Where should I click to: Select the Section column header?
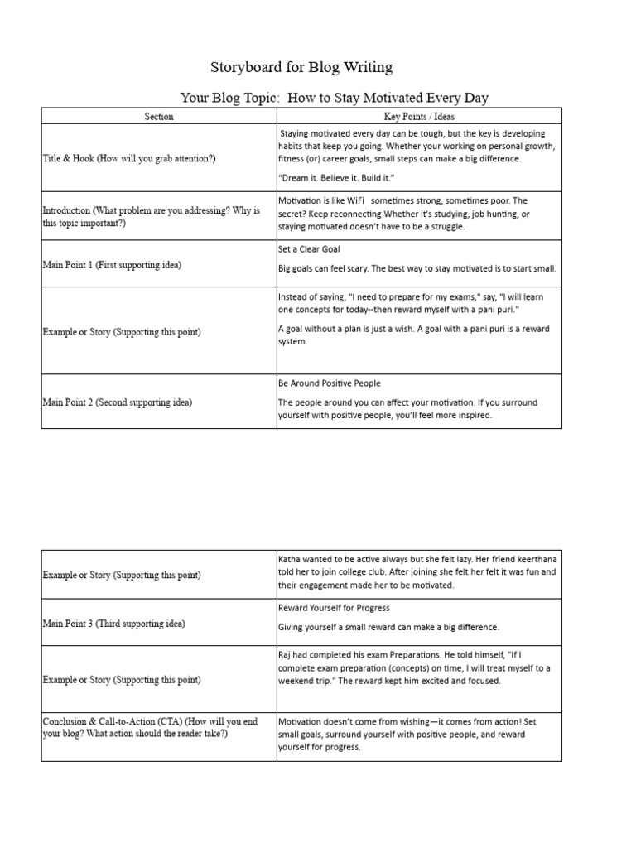(159, 117)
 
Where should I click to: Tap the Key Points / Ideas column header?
(419, 117)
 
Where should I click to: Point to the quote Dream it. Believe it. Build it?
(336, 179)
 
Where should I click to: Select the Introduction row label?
(151, 217)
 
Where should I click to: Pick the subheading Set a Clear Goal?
(309, 248)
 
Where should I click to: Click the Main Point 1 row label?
(112, 265)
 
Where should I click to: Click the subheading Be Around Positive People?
(329, 383)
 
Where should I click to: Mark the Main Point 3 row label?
(113, 624)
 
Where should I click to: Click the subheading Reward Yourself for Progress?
(334, 608)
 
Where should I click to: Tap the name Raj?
(286, 655)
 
